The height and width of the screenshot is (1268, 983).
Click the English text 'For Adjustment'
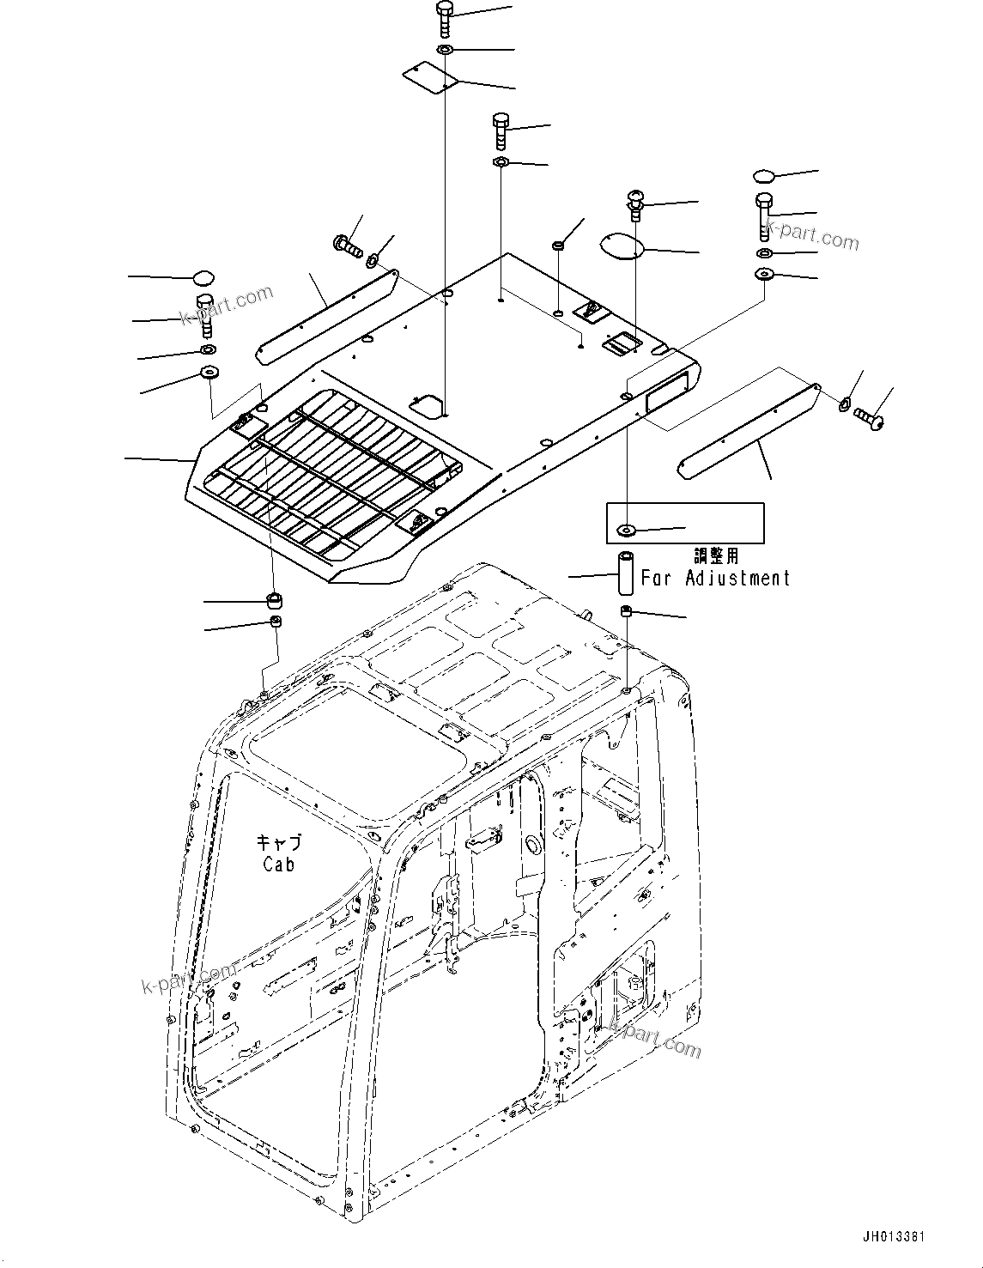coord(715,578)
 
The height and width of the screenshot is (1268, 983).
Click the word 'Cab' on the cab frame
coord(279,864)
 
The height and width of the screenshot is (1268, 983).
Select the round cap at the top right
coord(764,177)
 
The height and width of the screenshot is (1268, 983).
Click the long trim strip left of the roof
coord(326,316)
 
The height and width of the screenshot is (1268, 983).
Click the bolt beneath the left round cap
coord(205,316)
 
